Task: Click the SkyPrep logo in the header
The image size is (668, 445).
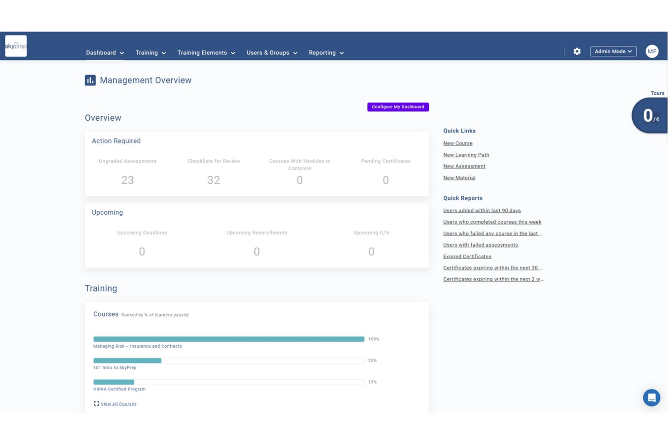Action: tap(16, 46)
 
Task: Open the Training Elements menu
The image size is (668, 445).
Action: tap(206, 53)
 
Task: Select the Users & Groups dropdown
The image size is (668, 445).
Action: tap(272, 53)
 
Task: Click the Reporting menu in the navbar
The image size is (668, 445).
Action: tap(326, 53)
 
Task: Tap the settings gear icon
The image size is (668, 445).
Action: tap(577, 51)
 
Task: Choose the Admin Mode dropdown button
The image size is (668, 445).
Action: tap(613, 51)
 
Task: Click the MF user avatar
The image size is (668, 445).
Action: tap(651, 51)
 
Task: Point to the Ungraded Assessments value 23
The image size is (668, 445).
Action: tap(127, 180)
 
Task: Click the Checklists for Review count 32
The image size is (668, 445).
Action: tap(213, 180)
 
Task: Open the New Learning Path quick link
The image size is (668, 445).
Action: tap(466, 155)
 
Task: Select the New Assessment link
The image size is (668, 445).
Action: tap(464, 166)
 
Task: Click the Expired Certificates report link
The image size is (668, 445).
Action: tap(467, 257)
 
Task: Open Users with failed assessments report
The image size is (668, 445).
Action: tap(480, 245)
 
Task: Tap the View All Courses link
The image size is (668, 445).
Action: tap(118, 404)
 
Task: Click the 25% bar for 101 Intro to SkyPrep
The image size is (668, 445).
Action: tap(127, 361)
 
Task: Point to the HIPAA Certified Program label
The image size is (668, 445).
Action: tap(119, 389)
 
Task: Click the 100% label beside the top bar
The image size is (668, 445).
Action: tap(373, 339)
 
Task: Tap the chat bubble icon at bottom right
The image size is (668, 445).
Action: tap(651, 398)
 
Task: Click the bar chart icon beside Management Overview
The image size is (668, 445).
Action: tap(90, 80)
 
